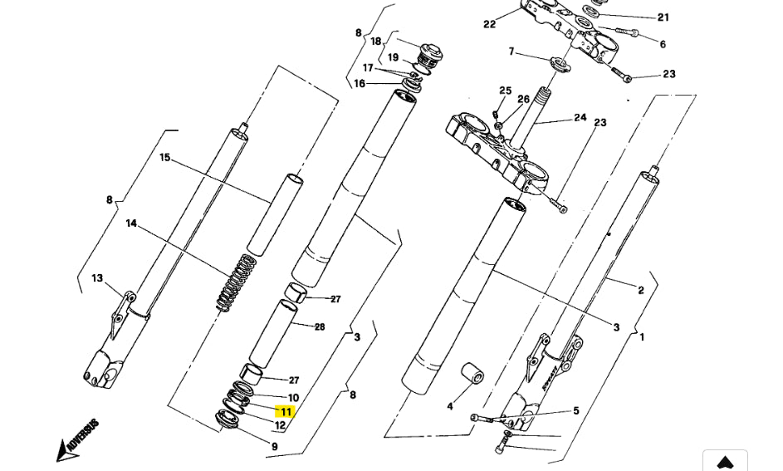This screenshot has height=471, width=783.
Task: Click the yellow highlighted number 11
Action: (x=286, y=411)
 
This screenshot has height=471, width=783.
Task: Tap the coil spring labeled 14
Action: (x=237, y=282)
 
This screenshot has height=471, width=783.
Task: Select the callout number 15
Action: (x=164, y=158)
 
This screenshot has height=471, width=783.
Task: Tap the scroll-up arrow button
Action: (x=725, y=462)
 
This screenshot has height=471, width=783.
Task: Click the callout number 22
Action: (x=489, y=24)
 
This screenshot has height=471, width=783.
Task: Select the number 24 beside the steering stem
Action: (x=580, y=118)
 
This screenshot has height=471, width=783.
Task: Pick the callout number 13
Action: (x=97, y=278)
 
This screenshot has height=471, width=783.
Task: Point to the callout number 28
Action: (x=320, y=326)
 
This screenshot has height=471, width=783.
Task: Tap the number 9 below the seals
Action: (x=274, y=447)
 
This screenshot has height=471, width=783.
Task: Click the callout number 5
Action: (x=575, y=410)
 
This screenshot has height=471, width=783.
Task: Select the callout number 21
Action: (x=663, y=17)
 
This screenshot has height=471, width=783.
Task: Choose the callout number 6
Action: (x=662, y=44)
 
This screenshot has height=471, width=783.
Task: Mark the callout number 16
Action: (x=359, y=83)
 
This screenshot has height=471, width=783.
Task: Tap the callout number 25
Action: (x=505, y=91)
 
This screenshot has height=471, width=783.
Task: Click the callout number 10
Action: (x=293, y=398)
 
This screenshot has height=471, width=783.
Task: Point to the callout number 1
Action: (x=641, y=336)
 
